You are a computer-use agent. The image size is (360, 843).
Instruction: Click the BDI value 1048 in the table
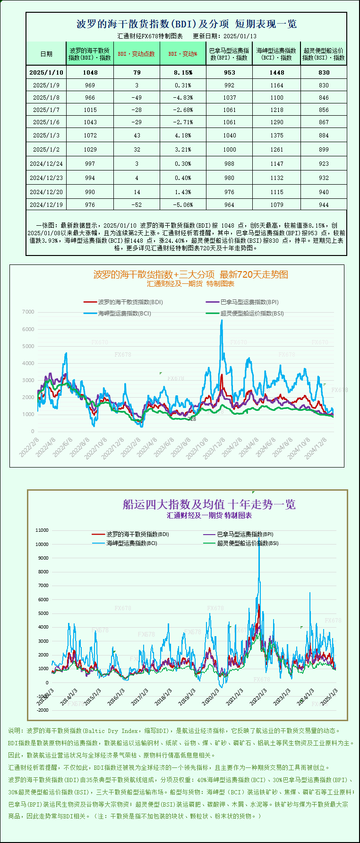90,72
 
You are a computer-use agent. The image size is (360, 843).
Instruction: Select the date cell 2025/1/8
46,97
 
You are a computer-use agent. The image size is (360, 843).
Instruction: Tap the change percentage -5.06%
183,204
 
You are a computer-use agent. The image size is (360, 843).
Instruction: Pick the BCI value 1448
277,72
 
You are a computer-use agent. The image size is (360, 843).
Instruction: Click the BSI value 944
324,204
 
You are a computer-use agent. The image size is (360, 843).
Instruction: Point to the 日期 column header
46,54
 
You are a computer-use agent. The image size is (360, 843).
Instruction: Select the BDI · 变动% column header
183,54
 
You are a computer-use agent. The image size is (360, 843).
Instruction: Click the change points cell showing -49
137,97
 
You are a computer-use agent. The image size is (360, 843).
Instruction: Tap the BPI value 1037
230,97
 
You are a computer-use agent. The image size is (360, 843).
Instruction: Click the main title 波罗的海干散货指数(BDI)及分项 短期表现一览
187,24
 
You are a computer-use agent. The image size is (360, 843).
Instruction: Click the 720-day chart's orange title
190,274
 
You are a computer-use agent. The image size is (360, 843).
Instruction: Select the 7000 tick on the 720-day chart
28,312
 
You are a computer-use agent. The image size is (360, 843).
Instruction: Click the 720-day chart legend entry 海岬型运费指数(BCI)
124,313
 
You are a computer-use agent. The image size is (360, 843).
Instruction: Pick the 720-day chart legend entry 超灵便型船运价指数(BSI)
252,313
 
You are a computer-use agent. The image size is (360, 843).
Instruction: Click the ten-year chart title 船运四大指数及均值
209,504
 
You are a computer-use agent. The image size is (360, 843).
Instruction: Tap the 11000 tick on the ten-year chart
42,530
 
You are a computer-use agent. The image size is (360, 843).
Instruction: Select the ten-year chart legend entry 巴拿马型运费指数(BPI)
245,534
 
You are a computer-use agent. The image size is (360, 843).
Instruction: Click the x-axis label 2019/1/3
187,697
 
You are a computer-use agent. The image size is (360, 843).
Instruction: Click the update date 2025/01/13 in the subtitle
240,36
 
